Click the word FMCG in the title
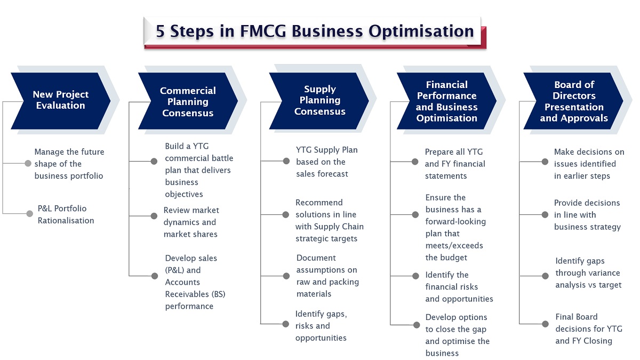click(263, 31)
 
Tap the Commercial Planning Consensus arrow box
click(188, 101)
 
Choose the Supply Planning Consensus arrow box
click(319, 101)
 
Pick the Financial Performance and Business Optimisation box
click(446, 101)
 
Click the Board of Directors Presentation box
click(573, 101)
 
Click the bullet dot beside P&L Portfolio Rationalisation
click(29, 213)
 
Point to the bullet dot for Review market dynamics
click(154, 215)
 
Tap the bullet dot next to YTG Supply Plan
click(286, 161)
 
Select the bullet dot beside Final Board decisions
click(545, 324)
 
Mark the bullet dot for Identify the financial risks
click(415, 276)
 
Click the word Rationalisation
click(66, 221)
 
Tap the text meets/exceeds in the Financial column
click(454, 245)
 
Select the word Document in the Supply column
click(316, 258)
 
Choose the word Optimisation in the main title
click(421, 31)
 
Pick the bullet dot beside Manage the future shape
click(28, 163)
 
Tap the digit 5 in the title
click(160, 31)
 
